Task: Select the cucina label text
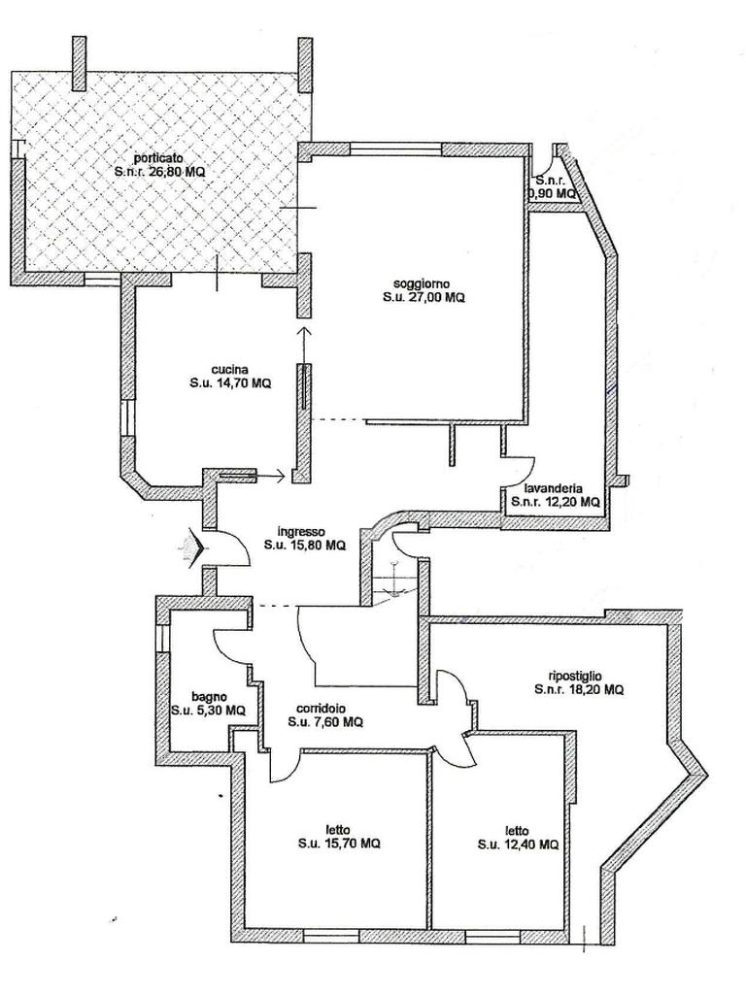(x=230, y=370)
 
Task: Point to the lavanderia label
(x=555, y=488)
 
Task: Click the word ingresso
(x=300, y=531)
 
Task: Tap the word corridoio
(x=325, y=708)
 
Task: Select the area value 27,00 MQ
(x=436, y=299)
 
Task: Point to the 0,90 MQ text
(x=553, y=193)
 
